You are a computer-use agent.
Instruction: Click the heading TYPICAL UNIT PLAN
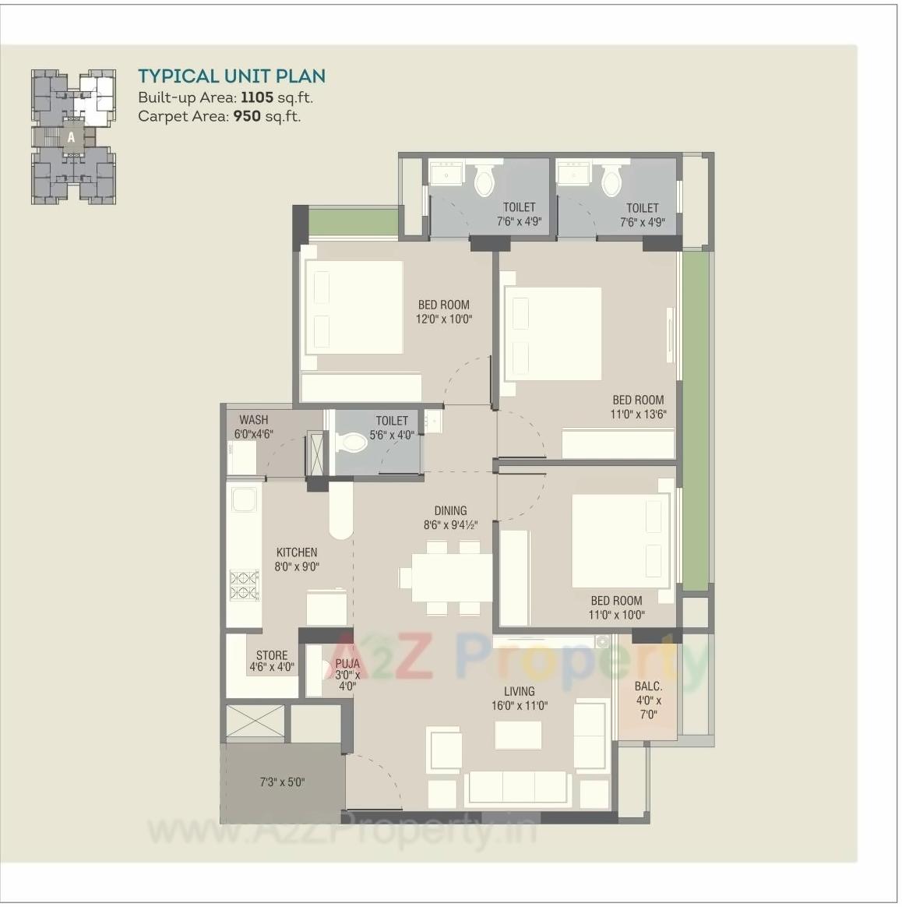click(231, 76)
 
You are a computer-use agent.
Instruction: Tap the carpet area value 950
click(247, 117)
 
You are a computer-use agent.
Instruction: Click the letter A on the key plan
click(71, 137)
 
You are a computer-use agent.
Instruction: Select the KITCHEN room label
click(296, 552)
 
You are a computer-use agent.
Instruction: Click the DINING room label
click(450, 511)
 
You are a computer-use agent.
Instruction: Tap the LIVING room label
click(519, 691)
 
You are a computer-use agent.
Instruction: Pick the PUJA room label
click(347, 664)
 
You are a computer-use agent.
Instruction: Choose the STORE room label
click(272, 655)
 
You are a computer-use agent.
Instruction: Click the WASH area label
click(253, 420)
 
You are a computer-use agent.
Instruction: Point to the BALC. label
click(648, 686)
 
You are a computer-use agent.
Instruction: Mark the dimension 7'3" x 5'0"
click(282, 782)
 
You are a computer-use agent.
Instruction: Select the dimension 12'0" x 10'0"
click(445, 319)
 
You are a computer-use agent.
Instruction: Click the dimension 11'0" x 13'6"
click(638, 415)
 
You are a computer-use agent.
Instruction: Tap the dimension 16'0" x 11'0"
click(519, 706)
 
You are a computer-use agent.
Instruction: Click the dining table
click(453, 577)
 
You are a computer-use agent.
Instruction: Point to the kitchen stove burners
click(244, 585)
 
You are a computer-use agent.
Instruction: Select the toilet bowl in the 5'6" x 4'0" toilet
click(351, 443)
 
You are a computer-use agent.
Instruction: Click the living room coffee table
click(519, 735)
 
